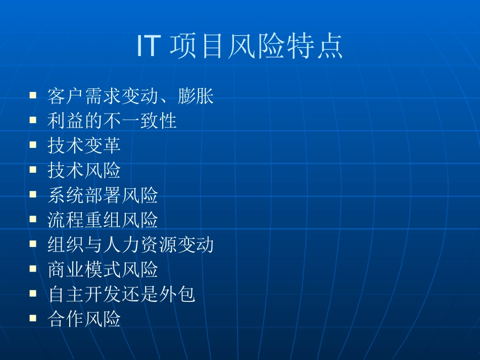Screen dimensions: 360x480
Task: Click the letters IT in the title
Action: pos(149,47)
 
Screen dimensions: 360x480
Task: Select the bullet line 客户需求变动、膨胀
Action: pos(130,95)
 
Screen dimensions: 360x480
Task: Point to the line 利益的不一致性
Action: pos(112,121)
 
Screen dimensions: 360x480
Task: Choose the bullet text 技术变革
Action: pos(84,145)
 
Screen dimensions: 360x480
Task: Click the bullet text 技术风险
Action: pos(84,170)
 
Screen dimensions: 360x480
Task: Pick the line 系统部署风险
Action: pos(103,195)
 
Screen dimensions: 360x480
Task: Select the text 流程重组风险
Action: pos(103,220)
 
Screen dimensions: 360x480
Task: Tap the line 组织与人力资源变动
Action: pos(130,245)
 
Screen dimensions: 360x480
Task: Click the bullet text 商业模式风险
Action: pos(103,270)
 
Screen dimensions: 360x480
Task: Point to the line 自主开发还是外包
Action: pos(121,294)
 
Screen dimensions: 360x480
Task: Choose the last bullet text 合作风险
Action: pos(84,319)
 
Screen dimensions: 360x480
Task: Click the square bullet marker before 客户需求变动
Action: pos(33,94)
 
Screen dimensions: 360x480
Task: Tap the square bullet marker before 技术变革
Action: pos(33,144)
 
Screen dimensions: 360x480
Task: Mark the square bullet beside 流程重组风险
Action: pos(33,219)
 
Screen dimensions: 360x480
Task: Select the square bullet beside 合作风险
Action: pos(33,318)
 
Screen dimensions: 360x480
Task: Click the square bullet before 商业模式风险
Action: pos(33,269)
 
